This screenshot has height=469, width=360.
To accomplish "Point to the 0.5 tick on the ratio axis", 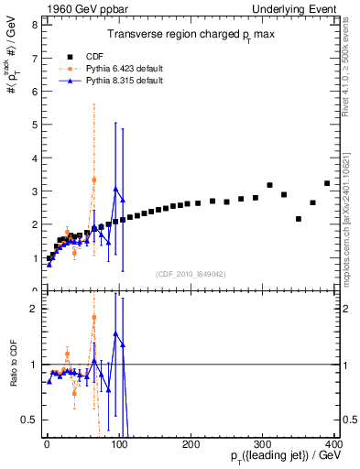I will (x=27, y=420).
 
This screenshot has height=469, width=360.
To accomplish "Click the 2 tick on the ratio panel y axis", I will (x=32, y=309).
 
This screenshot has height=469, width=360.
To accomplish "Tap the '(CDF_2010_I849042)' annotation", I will (x=191, y=272).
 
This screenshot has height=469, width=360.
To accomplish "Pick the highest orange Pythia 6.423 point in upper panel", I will (x=93, y=180).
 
